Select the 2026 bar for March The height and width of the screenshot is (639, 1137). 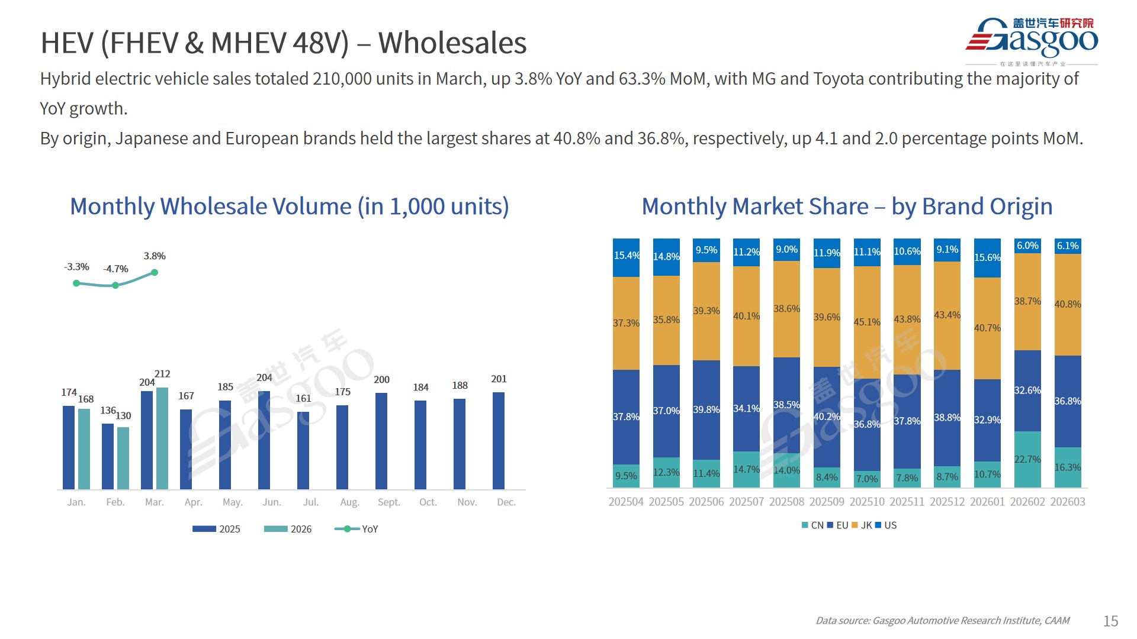click(162, 438)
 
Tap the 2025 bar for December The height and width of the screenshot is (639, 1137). click(499, 441)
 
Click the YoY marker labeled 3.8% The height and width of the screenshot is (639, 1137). click(155, 273)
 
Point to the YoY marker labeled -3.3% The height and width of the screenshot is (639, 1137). click(76, 283)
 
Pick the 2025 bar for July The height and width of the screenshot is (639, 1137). click(303, 450)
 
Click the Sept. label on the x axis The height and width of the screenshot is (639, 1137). click(388, 502)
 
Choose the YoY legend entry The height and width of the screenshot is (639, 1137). click(356, 529)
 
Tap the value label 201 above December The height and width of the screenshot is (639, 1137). click(499, 379)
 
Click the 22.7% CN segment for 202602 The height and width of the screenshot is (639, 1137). click(1027, 459)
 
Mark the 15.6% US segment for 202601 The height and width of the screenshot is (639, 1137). click(987, 258)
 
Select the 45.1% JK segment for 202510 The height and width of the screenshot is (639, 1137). click(867, 322)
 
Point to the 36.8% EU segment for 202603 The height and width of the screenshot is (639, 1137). click(1068, 401)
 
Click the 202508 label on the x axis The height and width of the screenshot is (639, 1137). click(786, 502)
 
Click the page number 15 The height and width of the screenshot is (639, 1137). click(1110, 621)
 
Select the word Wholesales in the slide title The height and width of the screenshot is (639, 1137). click(452, 43)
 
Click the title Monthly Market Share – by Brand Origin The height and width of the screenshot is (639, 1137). click(847, 206)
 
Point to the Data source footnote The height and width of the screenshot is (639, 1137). click(942, 621)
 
